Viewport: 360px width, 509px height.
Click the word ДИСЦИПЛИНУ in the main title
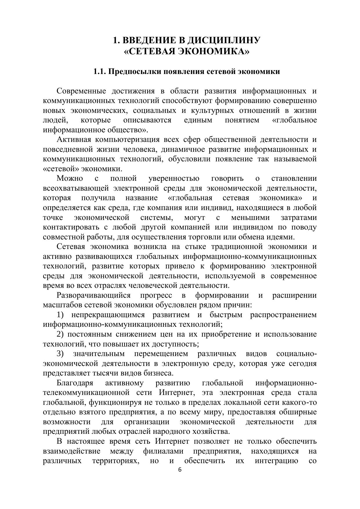coord(219,40)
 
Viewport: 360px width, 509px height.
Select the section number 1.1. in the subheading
coord(100,71)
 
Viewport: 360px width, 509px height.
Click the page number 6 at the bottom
coord(180,470)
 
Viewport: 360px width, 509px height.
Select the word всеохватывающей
coord(76,188)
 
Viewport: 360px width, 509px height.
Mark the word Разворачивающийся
coord(94,295)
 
